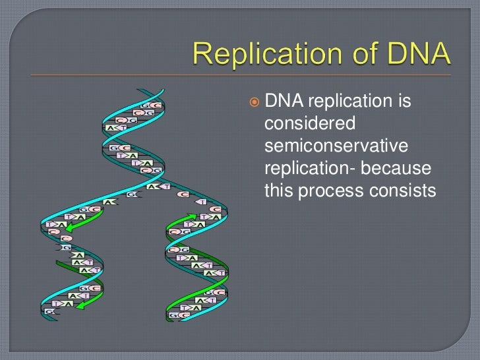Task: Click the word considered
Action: click(309, 124)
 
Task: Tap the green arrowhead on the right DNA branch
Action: click(192, 215)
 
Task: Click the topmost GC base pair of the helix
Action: click(151, 105)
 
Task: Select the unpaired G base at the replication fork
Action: click(132, 195)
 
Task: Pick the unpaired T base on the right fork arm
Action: click(203, 201)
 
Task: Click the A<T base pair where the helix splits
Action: click(158, 187)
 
